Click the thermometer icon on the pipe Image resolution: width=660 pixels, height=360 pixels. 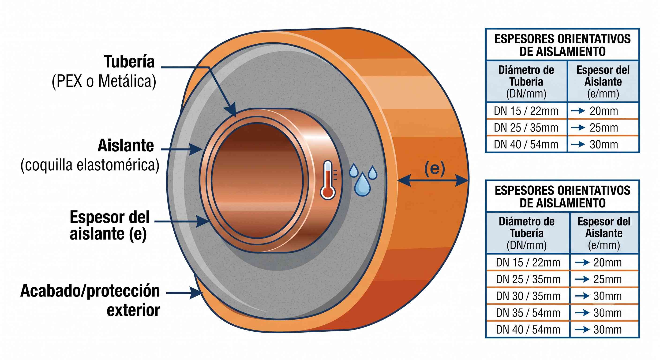click(328, 180)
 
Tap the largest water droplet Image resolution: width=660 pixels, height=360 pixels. click(362, 184)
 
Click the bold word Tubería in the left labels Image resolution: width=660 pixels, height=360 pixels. click(129, 62)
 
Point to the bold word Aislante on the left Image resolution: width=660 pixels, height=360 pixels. click(126, 146)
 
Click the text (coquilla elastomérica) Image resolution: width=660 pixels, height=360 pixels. click(90, 165)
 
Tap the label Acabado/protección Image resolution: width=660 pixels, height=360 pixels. click(90, 291)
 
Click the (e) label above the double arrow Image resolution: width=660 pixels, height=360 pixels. click(435, 168)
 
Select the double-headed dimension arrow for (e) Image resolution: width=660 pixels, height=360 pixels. click(433, 180)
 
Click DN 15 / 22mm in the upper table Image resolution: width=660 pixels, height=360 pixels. click(526, 111)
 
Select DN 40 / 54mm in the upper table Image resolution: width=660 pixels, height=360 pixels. click(526, 145)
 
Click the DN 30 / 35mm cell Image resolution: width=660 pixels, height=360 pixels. click(528, 296)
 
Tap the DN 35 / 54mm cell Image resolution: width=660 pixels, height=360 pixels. click(528, 313)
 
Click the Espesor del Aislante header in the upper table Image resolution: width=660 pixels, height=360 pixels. click(603, 82)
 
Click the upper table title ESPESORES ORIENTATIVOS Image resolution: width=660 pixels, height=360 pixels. click(563, 39)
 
